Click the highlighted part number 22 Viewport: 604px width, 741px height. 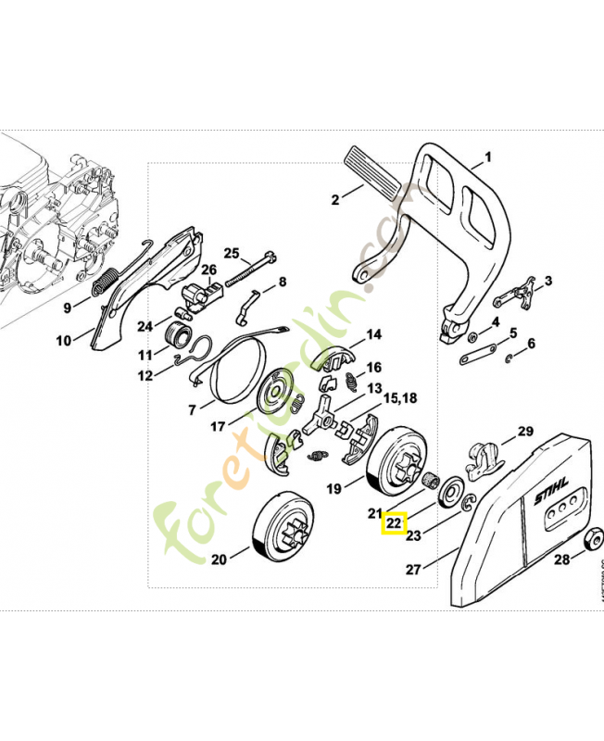(395, 523)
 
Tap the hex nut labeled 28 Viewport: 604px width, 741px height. (590, 541)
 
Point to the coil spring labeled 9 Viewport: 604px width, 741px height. (108, 280)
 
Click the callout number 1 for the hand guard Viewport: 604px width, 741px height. (488, 157)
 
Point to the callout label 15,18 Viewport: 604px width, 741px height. (400, 397)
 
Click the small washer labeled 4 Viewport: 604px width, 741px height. (473, 335)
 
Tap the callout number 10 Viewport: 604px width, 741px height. (63, 340)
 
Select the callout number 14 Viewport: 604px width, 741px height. (374, 334)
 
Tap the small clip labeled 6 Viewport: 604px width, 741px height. (510, 358)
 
